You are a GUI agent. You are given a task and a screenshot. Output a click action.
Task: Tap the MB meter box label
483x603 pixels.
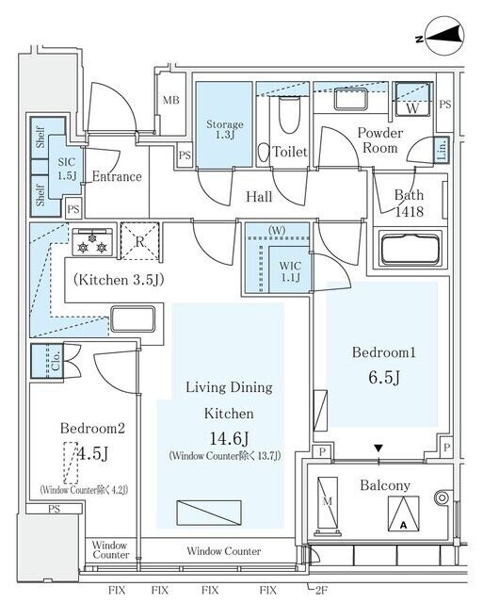[171, 101]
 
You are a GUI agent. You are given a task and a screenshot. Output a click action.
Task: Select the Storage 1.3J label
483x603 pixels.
[225, 129]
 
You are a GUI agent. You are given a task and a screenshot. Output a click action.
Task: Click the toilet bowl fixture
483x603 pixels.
[289, 115]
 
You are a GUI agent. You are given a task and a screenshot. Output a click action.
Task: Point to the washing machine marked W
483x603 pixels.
[412, 99]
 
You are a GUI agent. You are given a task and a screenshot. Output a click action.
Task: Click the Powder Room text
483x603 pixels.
[380, 140]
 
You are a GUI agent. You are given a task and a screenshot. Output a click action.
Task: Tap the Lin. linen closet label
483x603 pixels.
[442, 149]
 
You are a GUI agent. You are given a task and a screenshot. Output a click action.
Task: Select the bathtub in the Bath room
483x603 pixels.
[410, 248]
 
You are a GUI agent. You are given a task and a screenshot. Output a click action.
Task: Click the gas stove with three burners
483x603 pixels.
[92, 242]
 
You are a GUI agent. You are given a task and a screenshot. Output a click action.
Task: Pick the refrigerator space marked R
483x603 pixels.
[140, 241]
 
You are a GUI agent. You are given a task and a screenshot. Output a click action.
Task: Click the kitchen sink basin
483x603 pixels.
[133, 318]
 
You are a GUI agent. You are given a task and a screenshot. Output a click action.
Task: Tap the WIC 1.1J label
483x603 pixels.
[290, 271]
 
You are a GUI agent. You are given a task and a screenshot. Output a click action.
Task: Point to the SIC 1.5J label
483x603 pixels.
[67, 169]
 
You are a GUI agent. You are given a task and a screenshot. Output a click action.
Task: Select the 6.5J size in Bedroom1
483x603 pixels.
[384, 378]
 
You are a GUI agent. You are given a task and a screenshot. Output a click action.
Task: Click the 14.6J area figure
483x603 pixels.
[229, 438]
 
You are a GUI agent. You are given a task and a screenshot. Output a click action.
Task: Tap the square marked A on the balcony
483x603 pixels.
[404, 513]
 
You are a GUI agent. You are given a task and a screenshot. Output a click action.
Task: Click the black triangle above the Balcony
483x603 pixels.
[378, 448]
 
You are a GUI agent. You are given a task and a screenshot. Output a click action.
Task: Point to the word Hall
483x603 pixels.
[259, 197]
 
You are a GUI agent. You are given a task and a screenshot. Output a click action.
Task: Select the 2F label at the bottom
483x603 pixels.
[320, 590]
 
